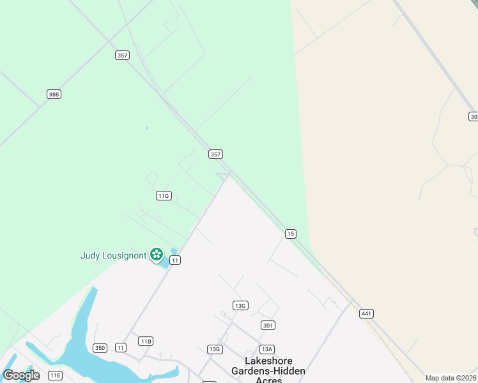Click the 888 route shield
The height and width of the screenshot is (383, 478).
[x=54, y=94]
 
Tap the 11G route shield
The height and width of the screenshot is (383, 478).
[x=163, y=196]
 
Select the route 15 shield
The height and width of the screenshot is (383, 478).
[x=291, y=234]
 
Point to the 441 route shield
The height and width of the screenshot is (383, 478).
[x=366, y=313]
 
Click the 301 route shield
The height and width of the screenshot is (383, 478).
[x=268, y=326]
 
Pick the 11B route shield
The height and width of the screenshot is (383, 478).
[x=146, y=341]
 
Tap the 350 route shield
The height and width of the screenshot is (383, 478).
[x=100, y=348]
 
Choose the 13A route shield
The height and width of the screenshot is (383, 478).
[x=266, y=349]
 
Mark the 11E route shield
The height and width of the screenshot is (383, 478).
[x=56, y=375]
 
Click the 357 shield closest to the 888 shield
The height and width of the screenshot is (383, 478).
[x=123, y=56]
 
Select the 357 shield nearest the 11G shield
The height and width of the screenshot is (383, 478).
[x=216, y=154]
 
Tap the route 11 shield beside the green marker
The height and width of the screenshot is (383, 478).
[x=175, y=260]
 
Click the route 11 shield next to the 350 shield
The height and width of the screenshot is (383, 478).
[x=121, y=347]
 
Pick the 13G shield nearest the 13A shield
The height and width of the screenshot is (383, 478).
[x=215, y=349]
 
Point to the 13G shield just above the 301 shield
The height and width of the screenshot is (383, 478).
[x=240, y=306]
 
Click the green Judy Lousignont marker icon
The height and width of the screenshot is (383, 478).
[x=157, y=255]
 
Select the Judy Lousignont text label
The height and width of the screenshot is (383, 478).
[x=113, y=255]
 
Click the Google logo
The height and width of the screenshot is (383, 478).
[x=21, y=375]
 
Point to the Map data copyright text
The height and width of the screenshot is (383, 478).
[x=451, y=378]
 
